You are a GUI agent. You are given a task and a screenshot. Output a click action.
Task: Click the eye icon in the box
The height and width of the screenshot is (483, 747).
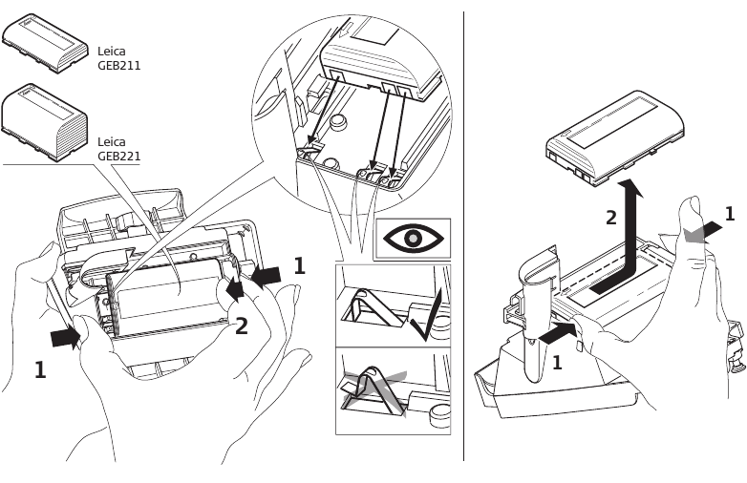coord(413,239)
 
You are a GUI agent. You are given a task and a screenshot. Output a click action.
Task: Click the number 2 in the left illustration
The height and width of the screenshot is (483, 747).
coord(242,326)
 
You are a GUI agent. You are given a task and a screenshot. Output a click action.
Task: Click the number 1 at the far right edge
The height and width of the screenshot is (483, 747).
coord(730,215)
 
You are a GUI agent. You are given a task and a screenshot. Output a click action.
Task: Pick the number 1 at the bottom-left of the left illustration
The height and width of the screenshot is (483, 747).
coord(40,369)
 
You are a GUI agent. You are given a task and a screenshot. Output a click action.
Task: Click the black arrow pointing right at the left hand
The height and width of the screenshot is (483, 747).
coord(66,337)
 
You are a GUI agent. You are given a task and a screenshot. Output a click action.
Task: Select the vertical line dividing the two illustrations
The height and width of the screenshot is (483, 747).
coord(464,239)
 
